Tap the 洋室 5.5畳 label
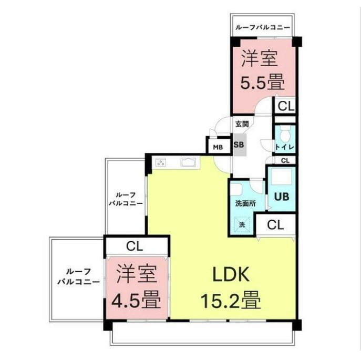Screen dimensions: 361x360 point(262,70)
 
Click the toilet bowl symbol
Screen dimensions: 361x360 point(285,133)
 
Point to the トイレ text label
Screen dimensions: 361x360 point(285,147)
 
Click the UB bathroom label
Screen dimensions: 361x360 point(282,197)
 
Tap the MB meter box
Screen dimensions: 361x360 point(218,147)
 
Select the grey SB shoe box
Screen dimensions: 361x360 point(239,145)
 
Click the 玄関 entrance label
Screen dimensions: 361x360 point(242,124)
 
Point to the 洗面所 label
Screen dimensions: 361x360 point(245,203)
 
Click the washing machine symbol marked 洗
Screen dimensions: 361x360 point(242,224)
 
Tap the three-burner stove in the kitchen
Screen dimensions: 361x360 point(161,163)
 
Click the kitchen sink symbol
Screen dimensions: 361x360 point(188,162)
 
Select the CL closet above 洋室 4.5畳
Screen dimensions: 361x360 point(135,246)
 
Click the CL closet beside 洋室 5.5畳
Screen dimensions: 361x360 point(286,106)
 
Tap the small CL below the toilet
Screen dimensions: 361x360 point(285,161)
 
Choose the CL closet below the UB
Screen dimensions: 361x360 point(275,224)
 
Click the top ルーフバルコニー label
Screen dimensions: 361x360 point(262,28)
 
